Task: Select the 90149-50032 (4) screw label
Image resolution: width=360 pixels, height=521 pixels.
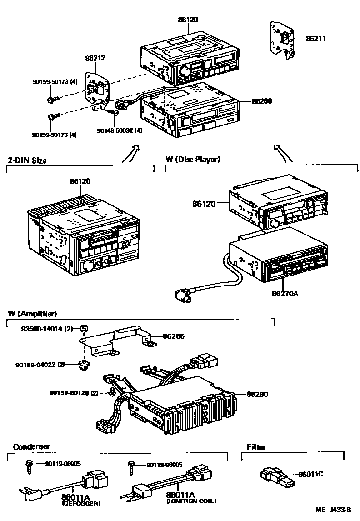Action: (120, 130)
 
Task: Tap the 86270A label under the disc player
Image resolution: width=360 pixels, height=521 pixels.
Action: (285, 294)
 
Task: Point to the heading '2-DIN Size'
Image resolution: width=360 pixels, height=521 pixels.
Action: (27, 160)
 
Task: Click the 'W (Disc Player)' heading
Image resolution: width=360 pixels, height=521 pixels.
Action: (193, 160)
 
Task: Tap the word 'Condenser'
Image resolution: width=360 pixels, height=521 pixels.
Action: (31, 447)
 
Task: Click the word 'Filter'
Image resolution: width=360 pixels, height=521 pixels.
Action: (256, 447)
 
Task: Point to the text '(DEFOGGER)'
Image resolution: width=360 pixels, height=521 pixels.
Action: (81, 503)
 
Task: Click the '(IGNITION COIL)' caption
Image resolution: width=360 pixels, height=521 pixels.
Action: (191, 501)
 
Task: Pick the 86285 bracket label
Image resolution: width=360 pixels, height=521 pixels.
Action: (174, 336)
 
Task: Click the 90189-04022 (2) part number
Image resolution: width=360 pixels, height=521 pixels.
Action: (48, 364)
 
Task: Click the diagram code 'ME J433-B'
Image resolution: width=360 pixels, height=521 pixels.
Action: (335, 510)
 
